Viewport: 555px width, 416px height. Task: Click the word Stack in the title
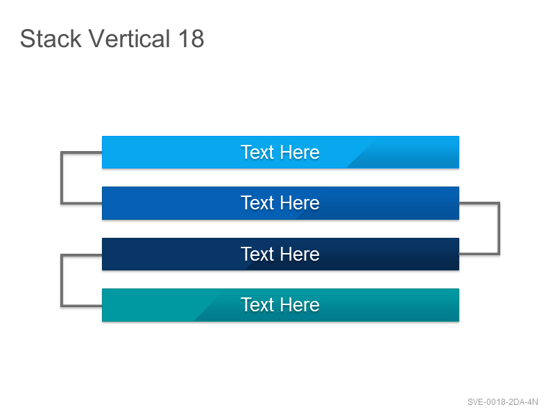point(51,38)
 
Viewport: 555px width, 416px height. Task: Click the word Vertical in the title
point(130,38)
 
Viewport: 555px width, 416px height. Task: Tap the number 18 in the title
point(191,38)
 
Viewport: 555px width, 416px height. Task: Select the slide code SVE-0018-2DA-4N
point(502,402)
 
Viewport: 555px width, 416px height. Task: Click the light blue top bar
point(280,152)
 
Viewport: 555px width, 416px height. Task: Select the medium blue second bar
point(280,203)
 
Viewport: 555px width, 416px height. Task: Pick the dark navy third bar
point(280,254)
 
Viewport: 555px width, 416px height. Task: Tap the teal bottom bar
point(280,305)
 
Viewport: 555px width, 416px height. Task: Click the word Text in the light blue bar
point(257,152)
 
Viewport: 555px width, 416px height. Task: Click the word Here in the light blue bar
point(300,152)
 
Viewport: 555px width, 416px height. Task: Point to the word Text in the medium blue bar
point(257,202)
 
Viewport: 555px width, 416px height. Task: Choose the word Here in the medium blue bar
point(300,202)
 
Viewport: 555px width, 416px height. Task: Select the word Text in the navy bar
point(257,254)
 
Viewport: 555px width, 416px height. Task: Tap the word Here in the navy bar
point(300,254)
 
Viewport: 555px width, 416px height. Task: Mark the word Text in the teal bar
point(257,304)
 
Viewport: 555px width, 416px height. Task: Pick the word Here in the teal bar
point(300,304)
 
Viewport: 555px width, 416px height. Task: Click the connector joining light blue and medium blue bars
point(62,178)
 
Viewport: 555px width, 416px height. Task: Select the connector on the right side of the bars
point(499,229)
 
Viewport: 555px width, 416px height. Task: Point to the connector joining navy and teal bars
point(62,280)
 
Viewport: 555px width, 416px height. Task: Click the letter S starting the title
point(27,38)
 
